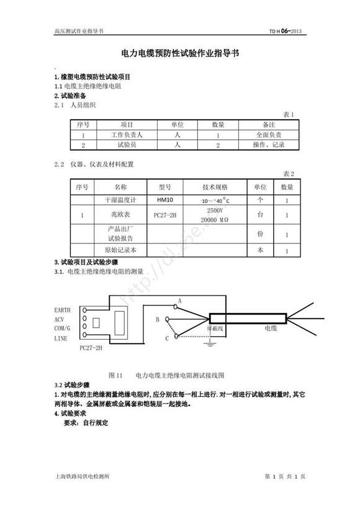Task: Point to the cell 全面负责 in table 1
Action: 269,134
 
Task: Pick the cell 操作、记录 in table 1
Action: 269,145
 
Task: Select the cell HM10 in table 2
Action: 165,200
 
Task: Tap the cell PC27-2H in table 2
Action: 165,216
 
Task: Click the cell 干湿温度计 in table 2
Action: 120,200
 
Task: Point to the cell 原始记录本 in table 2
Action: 120,250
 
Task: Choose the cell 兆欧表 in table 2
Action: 120,216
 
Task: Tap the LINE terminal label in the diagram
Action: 61,339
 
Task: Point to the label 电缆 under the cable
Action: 271,327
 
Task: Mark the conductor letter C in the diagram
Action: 166,338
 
